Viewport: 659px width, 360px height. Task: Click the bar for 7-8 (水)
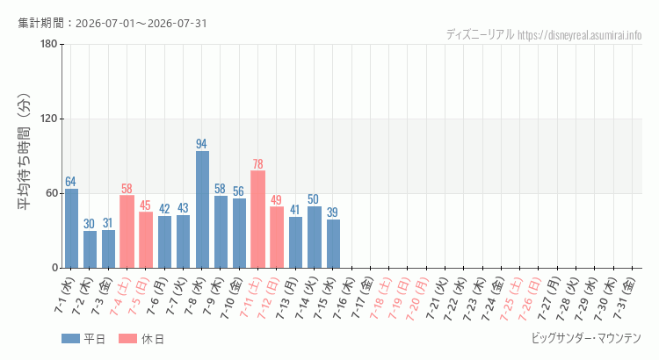[x=202, y=209]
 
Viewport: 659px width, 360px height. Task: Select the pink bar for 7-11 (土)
[x=257, y=219]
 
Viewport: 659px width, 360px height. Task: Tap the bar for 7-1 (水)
[x=71, y=228]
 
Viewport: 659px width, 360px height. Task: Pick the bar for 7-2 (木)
[x=90, y=249]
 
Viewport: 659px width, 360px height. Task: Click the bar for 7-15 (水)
[x=333, y=243]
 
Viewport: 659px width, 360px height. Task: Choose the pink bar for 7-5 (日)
[x=146, y=240]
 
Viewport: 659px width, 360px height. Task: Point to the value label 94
[x=201, y=144]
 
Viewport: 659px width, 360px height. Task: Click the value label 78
[x=257, y=163]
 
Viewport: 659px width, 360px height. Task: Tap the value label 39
[x=332, y=212]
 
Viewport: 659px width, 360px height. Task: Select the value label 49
[x=276, y=199]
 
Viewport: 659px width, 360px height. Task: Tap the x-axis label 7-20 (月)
[x=416, y=299]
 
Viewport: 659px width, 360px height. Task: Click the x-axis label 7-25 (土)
[x=511, y=299]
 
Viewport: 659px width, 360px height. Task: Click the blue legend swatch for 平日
[x=70, y=338]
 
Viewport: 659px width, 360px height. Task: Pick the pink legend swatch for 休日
[x=127, y=338]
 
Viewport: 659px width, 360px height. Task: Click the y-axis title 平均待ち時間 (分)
[x=24, y=152]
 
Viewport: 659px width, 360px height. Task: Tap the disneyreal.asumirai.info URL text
[x=580, y=35]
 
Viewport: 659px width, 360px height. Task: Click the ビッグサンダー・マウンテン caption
[x=586, y=338]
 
